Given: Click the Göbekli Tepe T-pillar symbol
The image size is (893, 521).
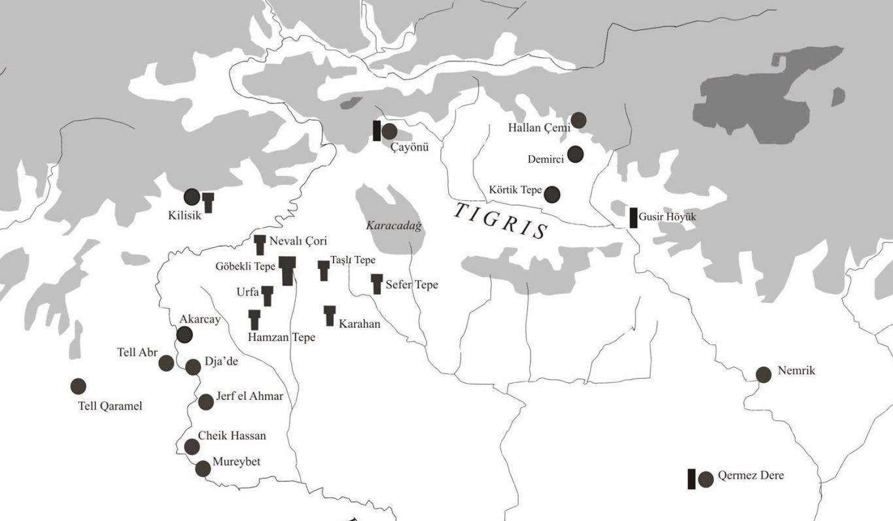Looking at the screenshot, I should click(287, 270).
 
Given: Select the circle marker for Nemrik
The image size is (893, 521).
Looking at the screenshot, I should click(763, 374).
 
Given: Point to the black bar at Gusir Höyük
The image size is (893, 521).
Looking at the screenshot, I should click(633, 217).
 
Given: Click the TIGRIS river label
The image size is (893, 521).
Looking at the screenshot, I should click(500, 221).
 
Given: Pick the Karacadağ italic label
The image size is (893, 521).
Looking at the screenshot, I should click(394, 225).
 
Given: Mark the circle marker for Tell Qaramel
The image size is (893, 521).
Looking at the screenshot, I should click(79, 386).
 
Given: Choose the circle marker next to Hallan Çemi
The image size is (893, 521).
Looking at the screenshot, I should click(578, 120).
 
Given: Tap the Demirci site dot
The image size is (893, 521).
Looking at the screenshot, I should click(575, 154).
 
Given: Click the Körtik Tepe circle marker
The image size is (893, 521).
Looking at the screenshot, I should click(552, 194).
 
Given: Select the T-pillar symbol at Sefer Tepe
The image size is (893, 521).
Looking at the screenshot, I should click(377, 283).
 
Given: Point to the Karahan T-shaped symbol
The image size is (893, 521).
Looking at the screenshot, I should click(330, 315).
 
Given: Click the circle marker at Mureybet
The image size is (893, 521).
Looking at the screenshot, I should click(203, 469).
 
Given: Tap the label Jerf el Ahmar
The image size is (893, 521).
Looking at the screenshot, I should click(249, 396).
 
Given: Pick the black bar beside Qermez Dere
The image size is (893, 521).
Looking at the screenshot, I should click(692, 479).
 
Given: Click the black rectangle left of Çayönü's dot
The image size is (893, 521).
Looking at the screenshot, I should click(377, 130).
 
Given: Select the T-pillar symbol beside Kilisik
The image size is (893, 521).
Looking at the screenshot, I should click(208, 202).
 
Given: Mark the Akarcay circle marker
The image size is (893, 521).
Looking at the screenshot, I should click(184, 334).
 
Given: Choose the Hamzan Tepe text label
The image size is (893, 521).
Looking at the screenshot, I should click(281, 338).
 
